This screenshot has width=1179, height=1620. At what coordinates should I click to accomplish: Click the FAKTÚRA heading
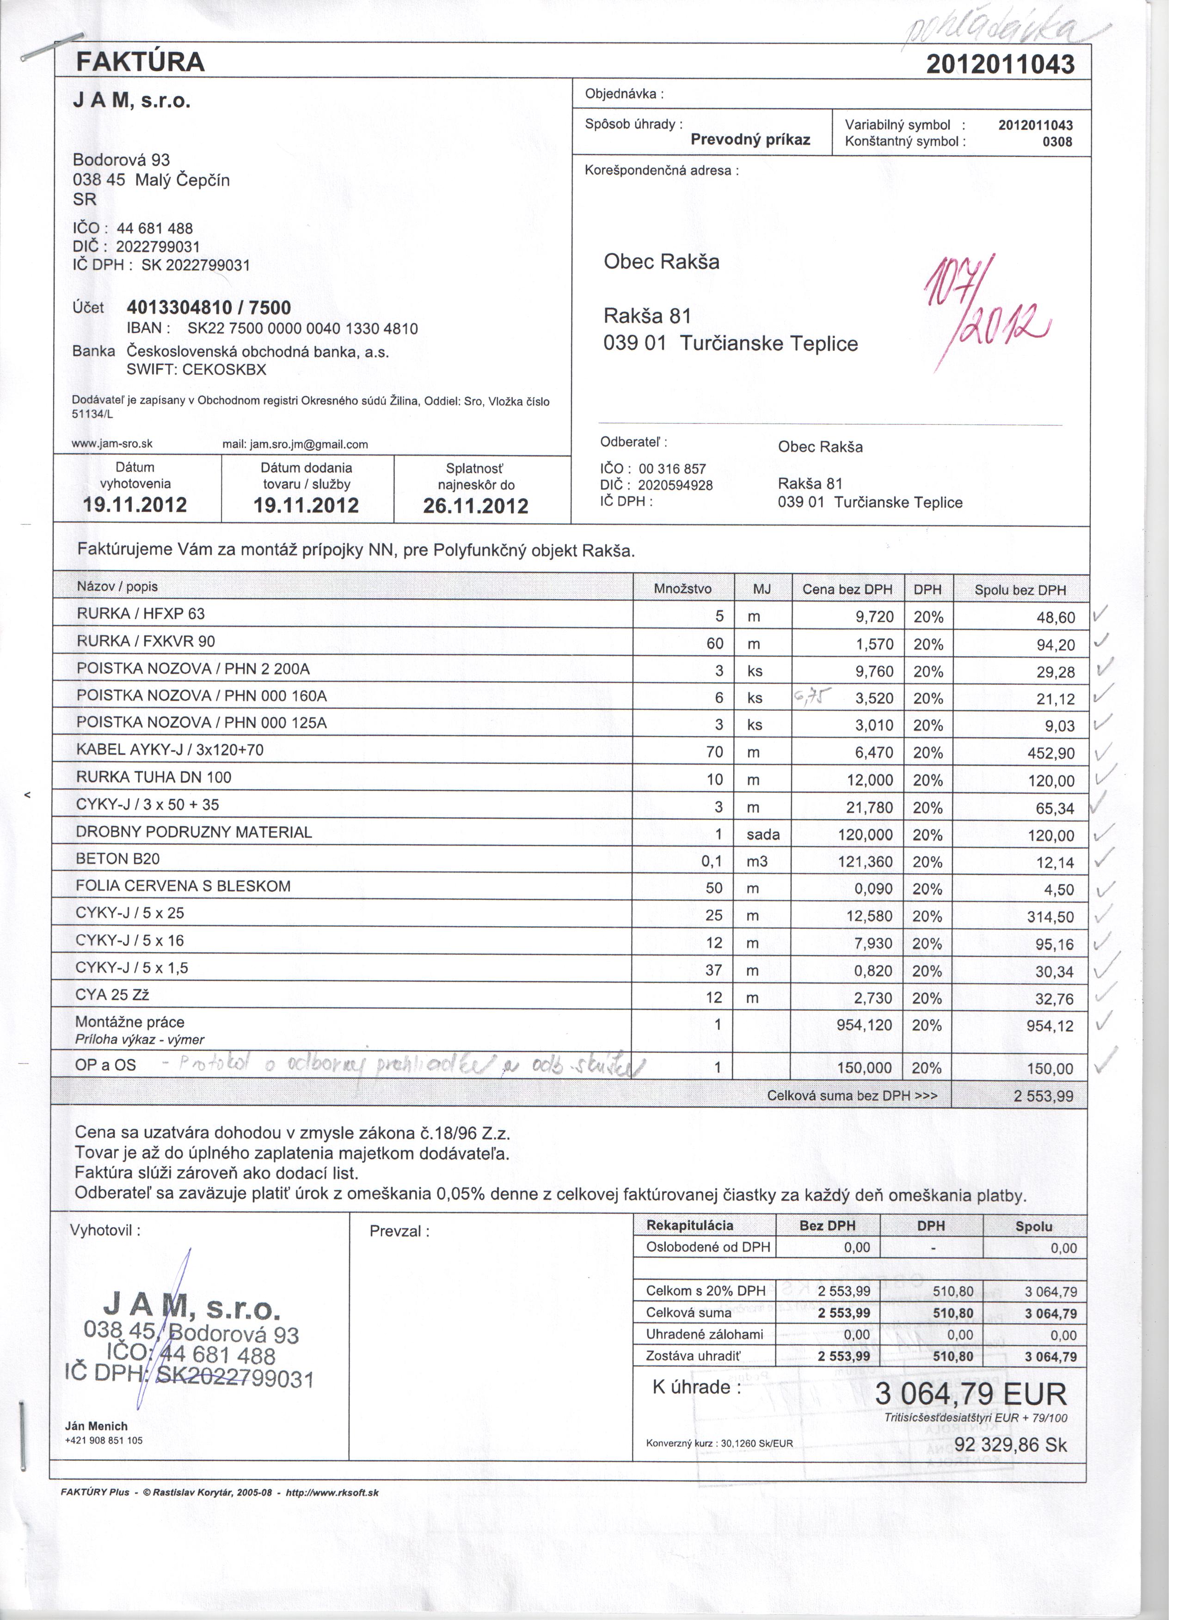click(x=141, y=62)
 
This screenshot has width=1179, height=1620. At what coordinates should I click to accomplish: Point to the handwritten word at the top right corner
click(x=1001, y=25)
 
